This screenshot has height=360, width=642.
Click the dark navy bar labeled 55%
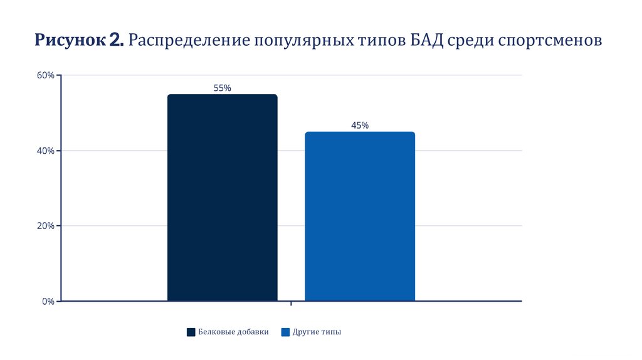click(222, 198)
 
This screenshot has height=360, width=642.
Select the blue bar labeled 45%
click(360, 216)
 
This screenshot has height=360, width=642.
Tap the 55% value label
click(222, 88)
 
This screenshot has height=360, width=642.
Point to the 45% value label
click(360, 125)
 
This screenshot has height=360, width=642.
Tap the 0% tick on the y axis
click(48, 301)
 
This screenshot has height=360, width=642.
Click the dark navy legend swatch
click(191, 332)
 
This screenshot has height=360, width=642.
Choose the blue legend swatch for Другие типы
click(286, 332)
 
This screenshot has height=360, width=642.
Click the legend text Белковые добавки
click(233, 332)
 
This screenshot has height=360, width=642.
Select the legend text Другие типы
click(317, 332)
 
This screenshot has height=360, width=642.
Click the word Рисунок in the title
click(70, 41)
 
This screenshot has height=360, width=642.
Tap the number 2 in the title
click(116, 41)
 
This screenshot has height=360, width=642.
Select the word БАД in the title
click(429, 41)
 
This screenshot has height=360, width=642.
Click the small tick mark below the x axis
click(291, 305)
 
